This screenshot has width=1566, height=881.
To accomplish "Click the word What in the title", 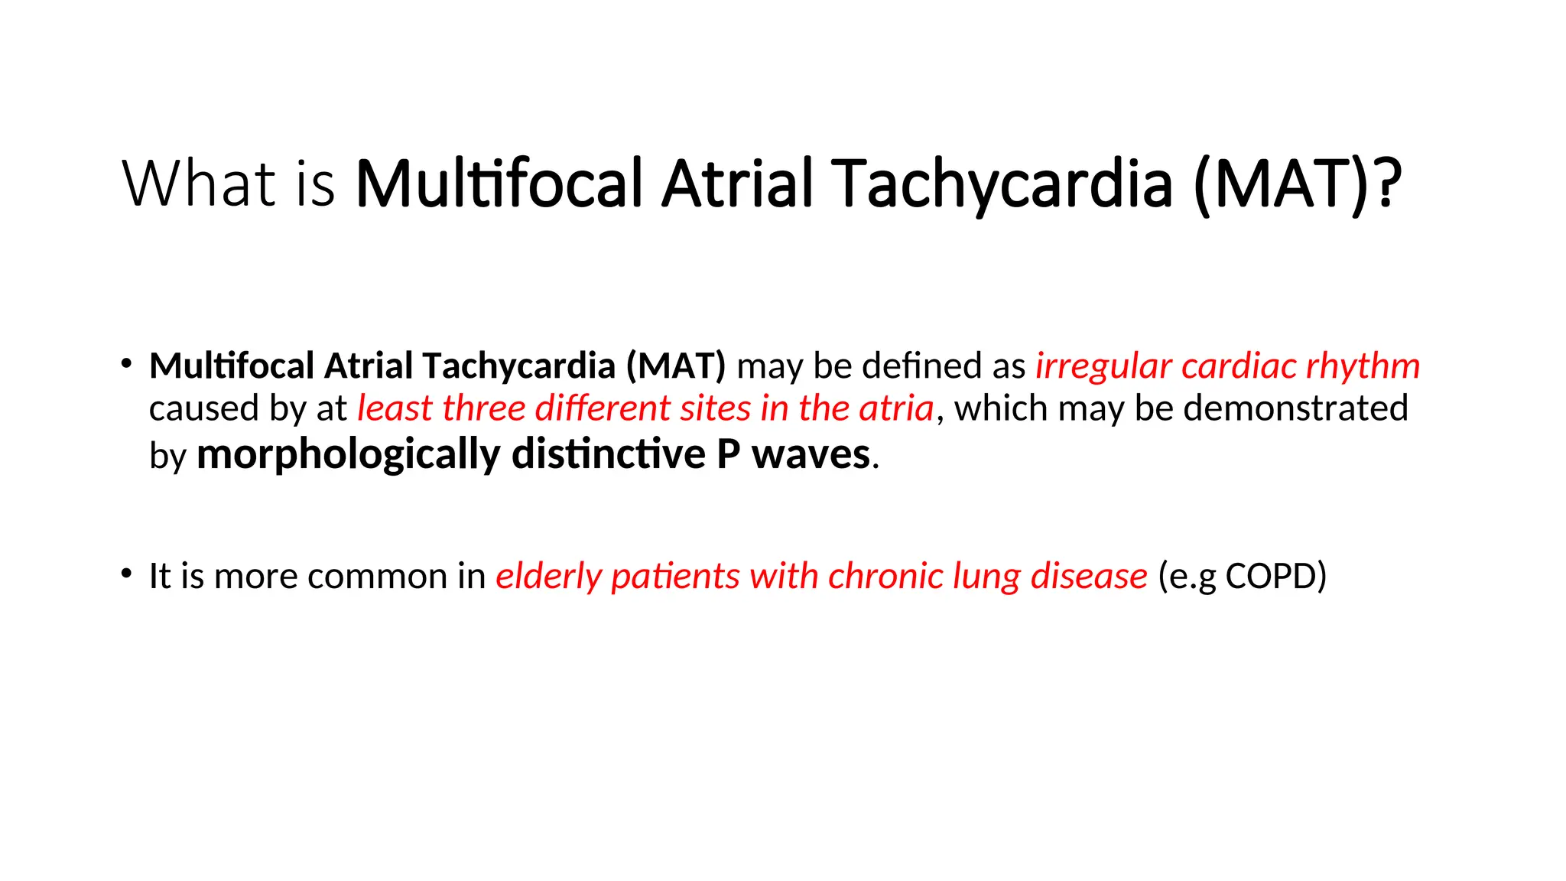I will tap(198, 184).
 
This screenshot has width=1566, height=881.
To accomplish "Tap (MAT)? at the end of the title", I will tap(1297, 184).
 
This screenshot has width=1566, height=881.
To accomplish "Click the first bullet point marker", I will tap(126, 364).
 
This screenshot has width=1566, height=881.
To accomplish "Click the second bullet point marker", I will tap(126, 574).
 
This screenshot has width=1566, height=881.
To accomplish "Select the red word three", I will tap(484, 408).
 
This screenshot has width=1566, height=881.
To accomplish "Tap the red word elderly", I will tap(548, 577).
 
